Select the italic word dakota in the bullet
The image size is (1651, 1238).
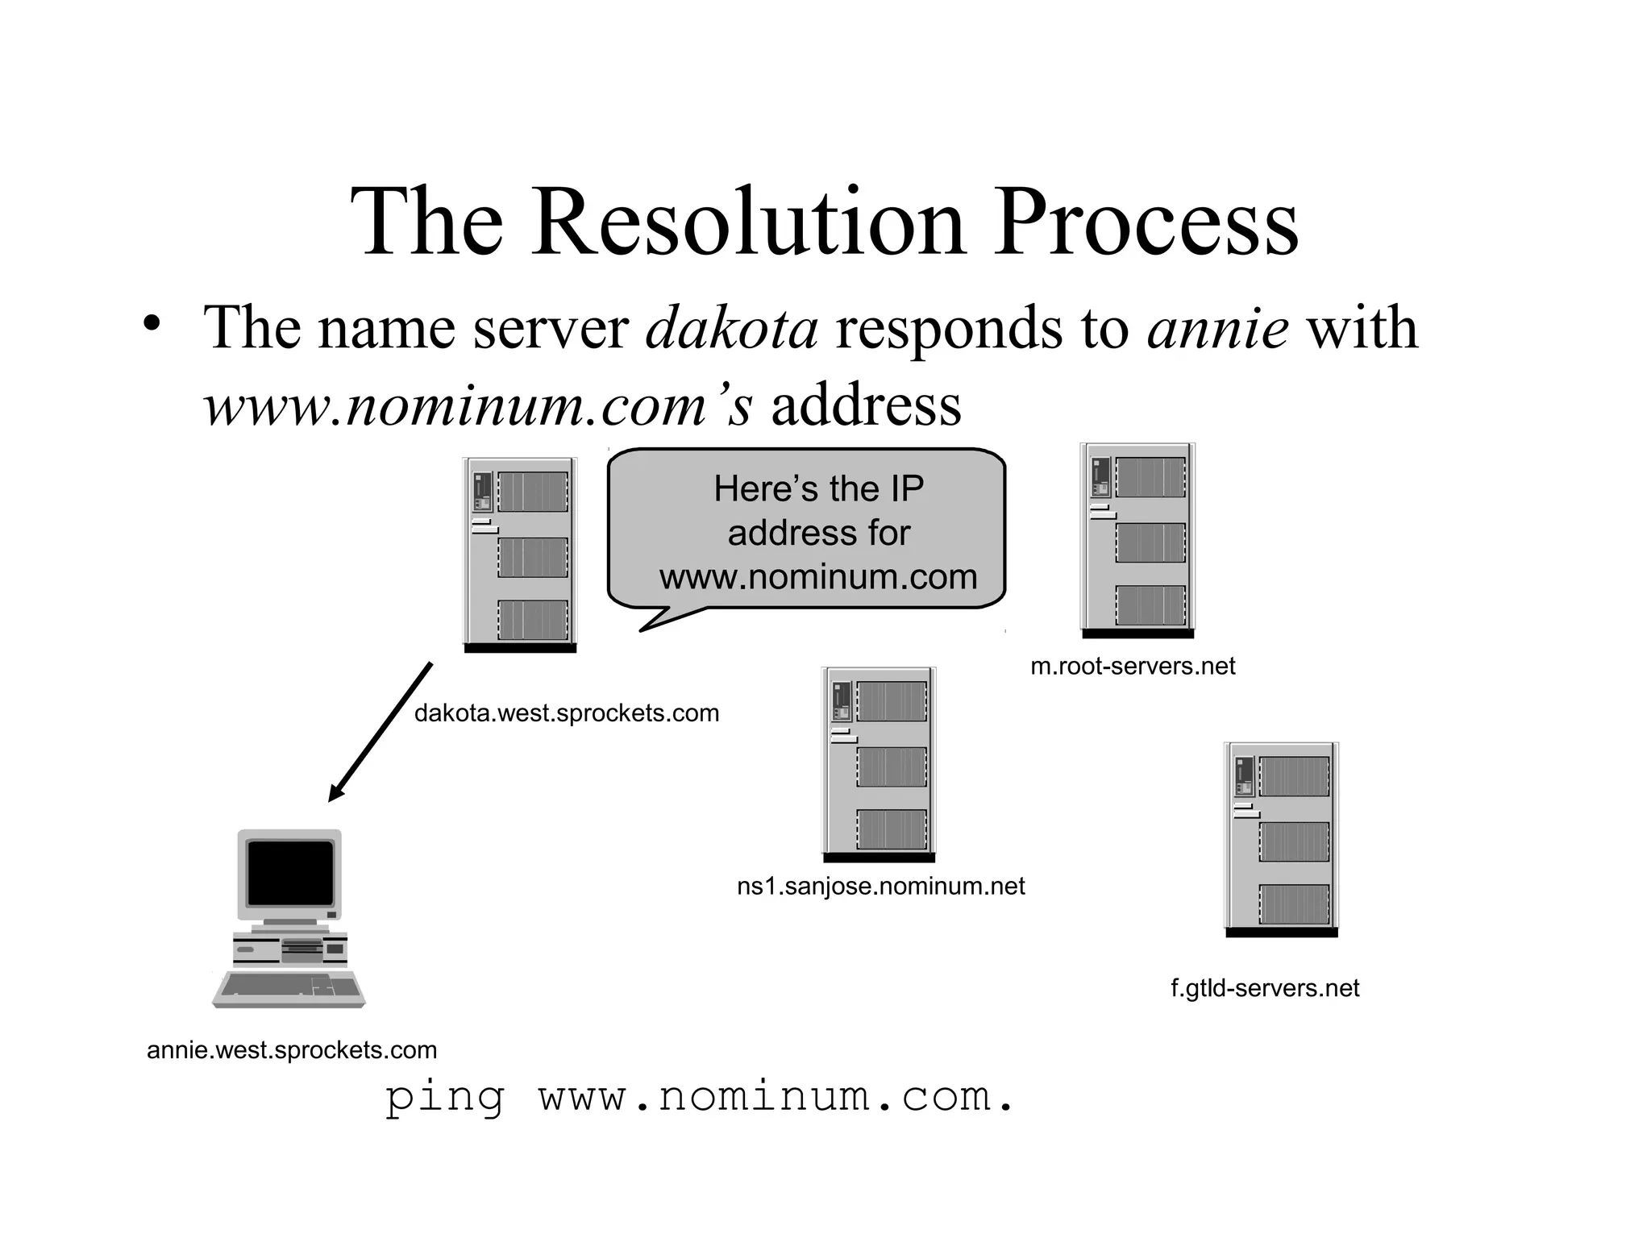click(x=732, y=328)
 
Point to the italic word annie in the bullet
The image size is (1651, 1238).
click(x=1217, y=328)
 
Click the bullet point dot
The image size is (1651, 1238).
click(x=151, y=323)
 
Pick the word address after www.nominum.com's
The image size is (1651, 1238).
click(x=866, y=405)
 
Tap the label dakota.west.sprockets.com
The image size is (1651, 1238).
click(x=566, y=713)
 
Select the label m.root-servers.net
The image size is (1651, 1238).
click(x=1133, y=667)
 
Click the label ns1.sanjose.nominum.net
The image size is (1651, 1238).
click(x=880, y=887)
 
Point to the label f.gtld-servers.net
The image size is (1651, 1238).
click(x=1265, y=988)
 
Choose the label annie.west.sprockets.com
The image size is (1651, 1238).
click(x=292, y=1050)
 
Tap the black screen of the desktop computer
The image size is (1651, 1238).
click(x=290, y=873)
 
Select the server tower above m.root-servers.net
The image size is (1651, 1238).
click(x=1137, y=540)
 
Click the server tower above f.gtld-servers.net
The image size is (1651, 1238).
click(x=1281, y=839)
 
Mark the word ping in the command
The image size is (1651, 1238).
click(x=444, y=1098)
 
